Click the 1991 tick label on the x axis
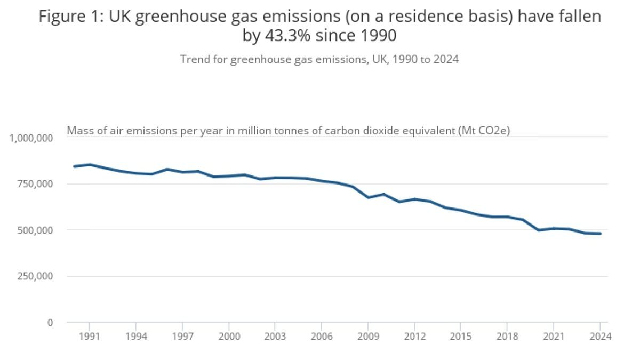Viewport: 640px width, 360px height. [x=89, y=337]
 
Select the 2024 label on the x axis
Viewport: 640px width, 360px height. [x=599, y=337]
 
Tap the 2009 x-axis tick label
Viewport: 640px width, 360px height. [x=367, y=337]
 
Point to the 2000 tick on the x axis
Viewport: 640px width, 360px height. [x=228, y=337]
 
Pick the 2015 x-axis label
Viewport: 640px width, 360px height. [x=460, y=337]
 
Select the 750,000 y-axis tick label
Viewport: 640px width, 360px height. [x=35, y=184]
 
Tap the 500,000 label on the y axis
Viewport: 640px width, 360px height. [x=35, y=230]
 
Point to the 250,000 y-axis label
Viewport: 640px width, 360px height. [x=35, y=276]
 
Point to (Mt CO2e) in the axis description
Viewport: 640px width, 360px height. [x=484, y=130]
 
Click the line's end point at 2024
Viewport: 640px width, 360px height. [x=600, y=234]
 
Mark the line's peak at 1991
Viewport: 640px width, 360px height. [x=90, y=164]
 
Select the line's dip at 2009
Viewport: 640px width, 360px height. [x=368, y=197]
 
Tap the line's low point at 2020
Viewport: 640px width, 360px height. [x=538, y=230]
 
